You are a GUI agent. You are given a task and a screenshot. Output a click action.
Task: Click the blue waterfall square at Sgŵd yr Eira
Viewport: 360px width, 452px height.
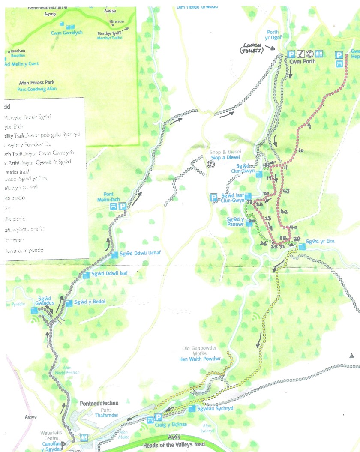(303, 246)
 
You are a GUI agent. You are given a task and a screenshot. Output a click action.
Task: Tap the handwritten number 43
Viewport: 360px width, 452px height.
(286, 191)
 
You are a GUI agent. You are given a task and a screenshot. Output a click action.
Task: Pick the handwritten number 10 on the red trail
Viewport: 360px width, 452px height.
(300, 150)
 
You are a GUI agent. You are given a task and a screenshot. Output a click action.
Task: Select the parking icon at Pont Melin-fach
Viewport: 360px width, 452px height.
(123, 206)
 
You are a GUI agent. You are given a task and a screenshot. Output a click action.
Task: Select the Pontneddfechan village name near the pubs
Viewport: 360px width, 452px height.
(99, 403)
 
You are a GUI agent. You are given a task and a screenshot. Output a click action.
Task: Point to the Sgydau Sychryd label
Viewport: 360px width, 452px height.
(215, 408)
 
